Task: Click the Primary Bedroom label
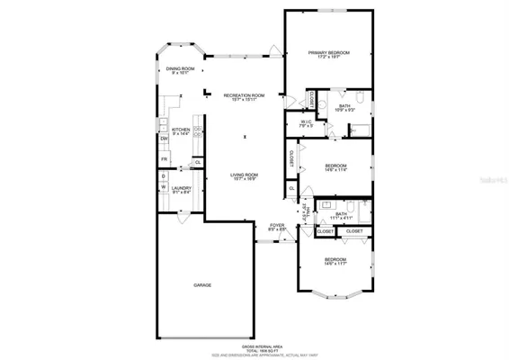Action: (x=329, y=54)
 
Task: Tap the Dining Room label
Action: (x=180, y=70)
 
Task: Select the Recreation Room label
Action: (x=245, y=96)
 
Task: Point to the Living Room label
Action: (x=245, y=175)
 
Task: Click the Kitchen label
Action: (x=181, y=130)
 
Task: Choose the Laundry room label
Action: (x=182, y=189)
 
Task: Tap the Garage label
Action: (x=202, y=284)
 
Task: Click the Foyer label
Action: (x=277, y=227)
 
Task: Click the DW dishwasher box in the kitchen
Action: (x=165, y=139)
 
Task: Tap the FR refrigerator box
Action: (x=165, y=159)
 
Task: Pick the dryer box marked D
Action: (x=164, y=177)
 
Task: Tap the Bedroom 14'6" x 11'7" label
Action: (x=335, y=260)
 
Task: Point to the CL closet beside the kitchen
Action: (x=197, y=162)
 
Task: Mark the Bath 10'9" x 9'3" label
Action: (x=344, y=108)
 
